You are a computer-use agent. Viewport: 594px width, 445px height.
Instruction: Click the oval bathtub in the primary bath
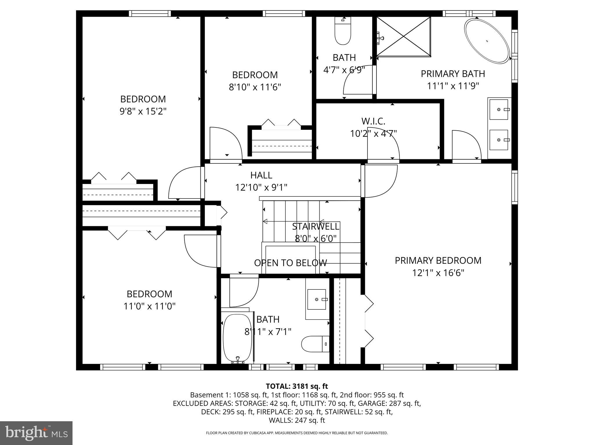pos(487,41)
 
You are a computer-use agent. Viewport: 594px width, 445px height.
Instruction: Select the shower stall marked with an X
pos(403,36)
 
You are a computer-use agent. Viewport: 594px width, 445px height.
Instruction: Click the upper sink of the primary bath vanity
pos(499,109)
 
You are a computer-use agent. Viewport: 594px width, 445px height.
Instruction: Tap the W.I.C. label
pos(373,121)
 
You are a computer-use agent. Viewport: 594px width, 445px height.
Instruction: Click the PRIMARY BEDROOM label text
pos(438,260)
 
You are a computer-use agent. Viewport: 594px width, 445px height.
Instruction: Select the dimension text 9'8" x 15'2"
pos(143,111)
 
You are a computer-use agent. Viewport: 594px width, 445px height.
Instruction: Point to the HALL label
pos(261,175)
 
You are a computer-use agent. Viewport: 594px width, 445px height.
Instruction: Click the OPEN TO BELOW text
pos(290,263)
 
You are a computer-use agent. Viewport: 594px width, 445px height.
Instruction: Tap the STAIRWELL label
pos(316,226)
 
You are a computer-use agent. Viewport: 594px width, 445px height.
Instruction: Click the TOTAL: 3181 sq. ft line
pos(297,386)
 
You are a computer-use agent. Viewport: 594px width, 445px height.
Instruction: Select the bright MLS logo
pos(36,433)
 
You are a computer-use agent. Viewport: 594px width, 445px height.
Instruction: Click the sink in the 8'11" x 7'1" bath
pos(317,299)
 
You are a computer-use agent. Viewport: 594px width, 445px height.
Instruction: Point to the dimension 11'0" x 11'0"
pos(149,306)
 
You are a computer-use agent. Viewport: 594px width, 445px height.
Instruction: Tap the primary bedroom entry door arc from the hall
pos(381,181)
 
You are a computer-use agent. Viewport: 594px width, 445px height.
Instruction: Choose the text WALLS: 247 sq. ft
pos(297,420)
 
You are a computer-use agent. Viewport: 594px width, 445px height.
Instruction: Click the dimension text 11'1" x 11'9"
pos(453,86)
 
